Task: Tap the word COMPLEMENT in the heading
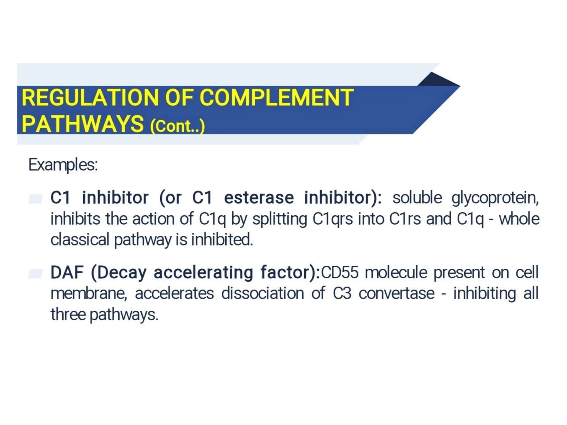pyautogui.click(x=276, y=98)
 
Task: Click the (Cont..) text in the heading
pyautogui.click(x=177, y=126)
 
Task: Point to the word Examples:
pyautogui.click(x=63, y=165)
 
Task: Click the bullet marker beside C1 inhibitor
pyautogui.click(x=36, y=199)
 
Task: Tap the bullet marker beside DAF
pyautogui.click(x=36, y=273)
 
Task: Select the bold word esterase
pyautogui.click(x=259, y=198)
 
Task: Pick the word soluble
pyautogui.click(x=417, y=198)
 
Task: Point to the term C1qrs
pyautogui.click(x=333, y=219)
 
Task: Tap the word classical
pyautogui.click(x=80, y=240)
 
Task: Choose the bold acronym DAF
pyautogui.click(x=67, y=273)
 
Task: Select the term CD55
pyautogui.click(x=339, y=273)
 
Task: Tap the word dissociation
pyautogui.click(x=262, y=293)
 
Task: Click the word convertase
pyautogui.click(x=396, y=293)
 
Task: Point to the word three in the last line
pyautogui.click(x=68, y=315)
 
